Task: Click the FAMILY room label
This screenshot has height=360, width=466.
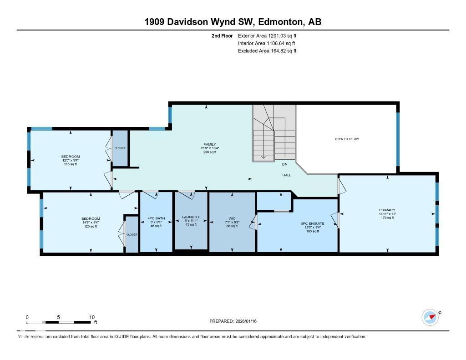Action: tap(209, 144)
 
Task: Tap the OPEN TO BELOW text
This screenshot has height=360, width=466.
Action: tap(347, 139)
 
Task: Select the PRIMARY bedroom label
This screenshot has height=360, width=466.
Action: tap(387, 210)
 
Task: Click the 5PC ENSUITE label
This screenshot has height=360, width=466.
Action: tap(312, 224)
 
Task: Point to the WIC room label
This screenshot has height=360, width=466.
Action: tap(232, 219)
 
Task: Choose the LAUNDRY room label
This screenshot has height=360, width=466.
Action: tap(191, 217)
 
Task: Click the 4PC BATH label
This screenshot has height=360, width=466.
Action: tap(156, 218)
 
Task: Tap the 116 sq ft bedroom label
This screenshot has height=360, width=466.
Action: tap(70, 157)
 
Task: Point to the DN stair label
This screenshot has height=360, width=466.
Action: tap(284, 164)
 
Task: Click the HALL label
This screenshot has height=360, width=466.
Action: tap(286, 175)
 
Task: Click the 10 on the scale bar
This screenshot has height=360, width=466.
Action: tap(92, 317)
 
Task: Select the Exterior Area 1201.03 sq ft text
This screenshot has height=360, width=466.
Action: tap(267, 35)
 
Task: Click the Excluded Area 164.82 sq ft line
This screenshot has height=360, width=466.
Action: tap(267, 51)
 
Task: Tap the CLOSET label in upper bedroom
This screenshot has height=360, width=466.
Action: tap(120, 148)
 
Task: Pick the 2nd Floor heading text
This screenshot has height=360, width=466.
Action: tap(222, 35)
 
